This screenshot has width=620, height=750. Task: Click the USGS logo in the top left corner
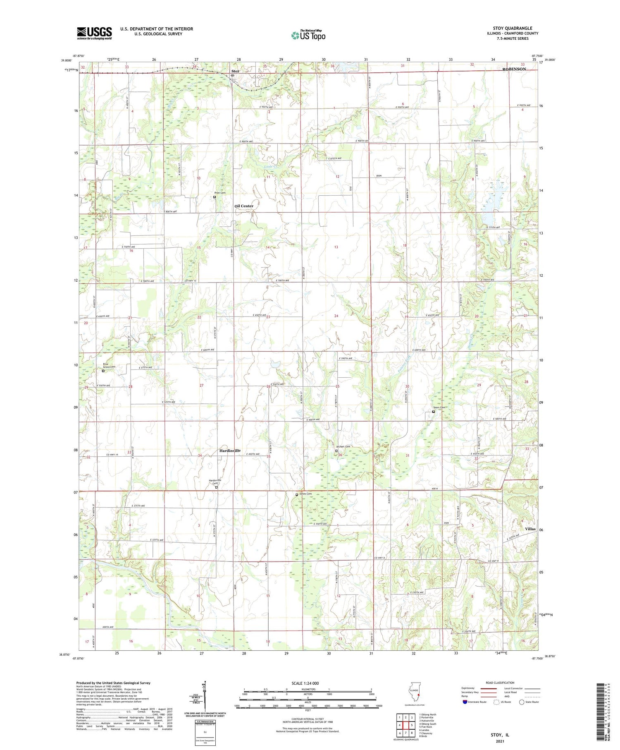94,33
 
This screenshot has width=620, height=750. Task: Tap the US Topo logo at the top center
308,36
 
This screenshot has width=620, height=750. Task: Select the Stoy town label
235,71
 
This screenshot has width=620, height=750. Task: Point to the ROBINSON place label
514,69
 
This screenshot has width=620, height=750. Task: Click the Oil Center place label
244,206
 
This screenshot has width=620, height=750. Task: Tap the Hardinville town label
230,450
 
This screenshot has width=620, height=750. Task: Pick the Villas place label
530,529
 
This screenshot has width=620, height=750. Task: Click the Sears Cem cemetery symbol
434,412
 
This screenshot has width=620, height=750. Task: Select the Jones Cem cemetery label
305,494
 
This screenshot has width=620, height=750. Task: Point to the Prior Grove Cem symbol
103,371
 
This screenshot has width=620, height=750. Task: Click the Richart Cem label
343,446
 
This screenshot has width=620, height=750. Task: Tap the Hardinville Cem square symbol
216,487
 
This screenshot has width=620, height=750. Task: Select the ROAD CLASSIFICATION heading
500,683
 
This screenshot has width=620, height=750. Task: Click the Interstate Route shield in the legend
465,702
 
